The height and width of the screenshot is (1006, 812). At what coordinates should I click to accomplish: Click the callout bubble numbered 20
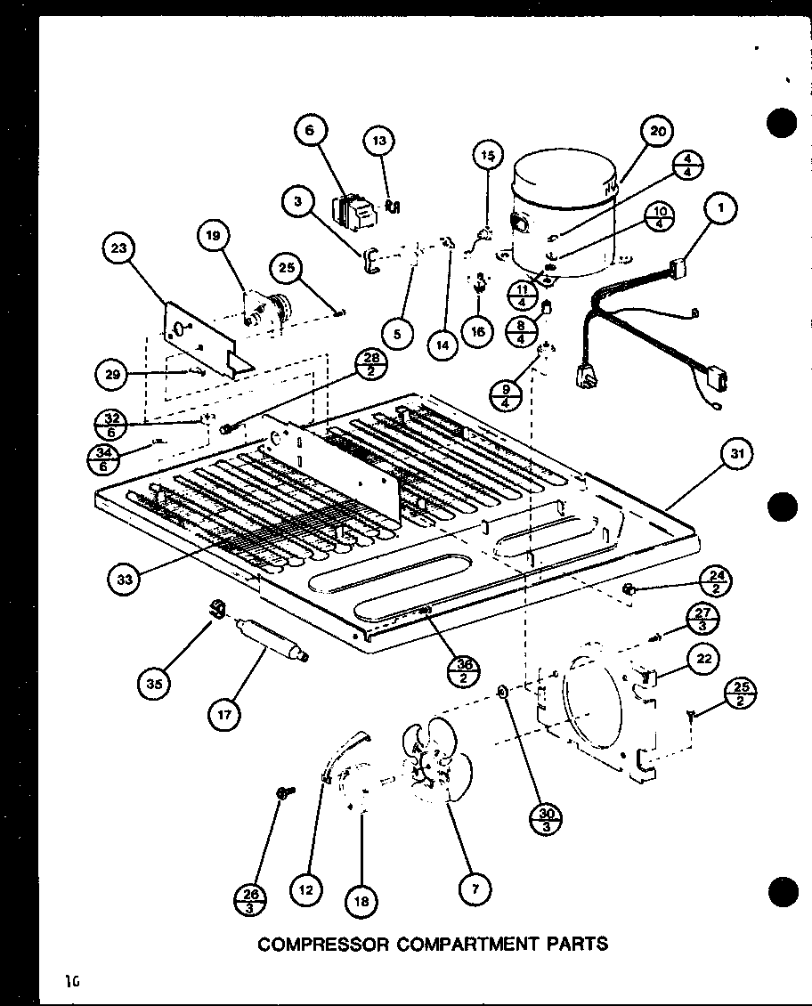656,132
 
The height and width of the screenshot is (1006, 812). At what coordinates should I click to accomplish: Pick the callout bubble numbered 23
119,250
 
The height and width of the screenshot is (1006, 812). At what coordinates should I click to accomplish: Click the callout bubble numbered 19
213,236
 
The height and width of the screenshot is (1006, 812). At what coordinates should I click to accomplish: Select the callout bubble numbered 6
310,131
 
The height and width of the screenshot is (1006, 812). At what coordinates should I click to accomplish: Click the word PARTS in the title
578,944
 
